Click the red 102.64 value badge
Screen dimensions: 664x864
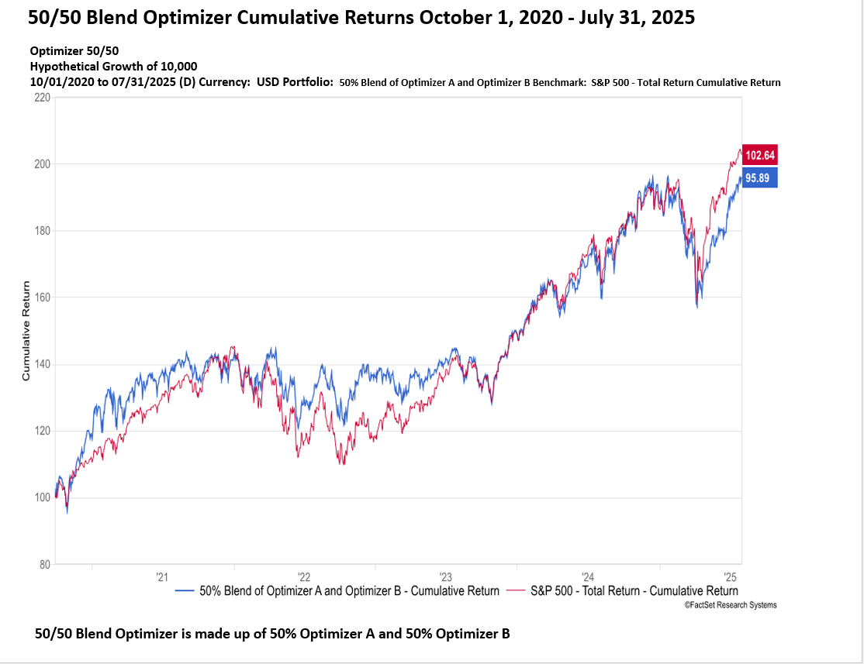coord(760,155)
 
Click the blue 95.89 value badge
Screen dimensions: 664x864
coord(760,178)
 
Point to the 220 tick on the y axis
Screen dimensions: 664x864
coord(42,98)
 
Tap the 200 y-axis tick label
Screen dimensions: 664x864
coord(42,164)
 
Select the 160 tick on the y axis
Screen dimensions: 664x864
coord(42,298)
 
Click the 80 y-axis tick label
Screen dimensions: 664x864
coord(44,565)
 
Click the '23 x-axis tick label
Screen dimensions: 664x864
coord(446,576)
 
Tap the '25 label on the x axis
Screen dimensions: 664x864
coord(730,576)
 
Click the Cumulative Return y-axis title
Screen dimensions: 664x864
coord(26,331)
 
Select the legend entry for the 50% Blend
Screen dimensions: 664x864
coord(338,591)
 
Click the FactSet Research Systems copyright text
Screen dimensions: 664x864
coord(730,605)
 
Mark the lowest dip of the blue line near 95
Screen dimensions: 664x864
coord(67,512)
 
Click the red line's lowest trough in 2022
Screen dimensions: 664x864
coord(342,463)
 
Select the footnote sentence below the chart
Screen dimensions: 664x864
coord(272,634)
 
